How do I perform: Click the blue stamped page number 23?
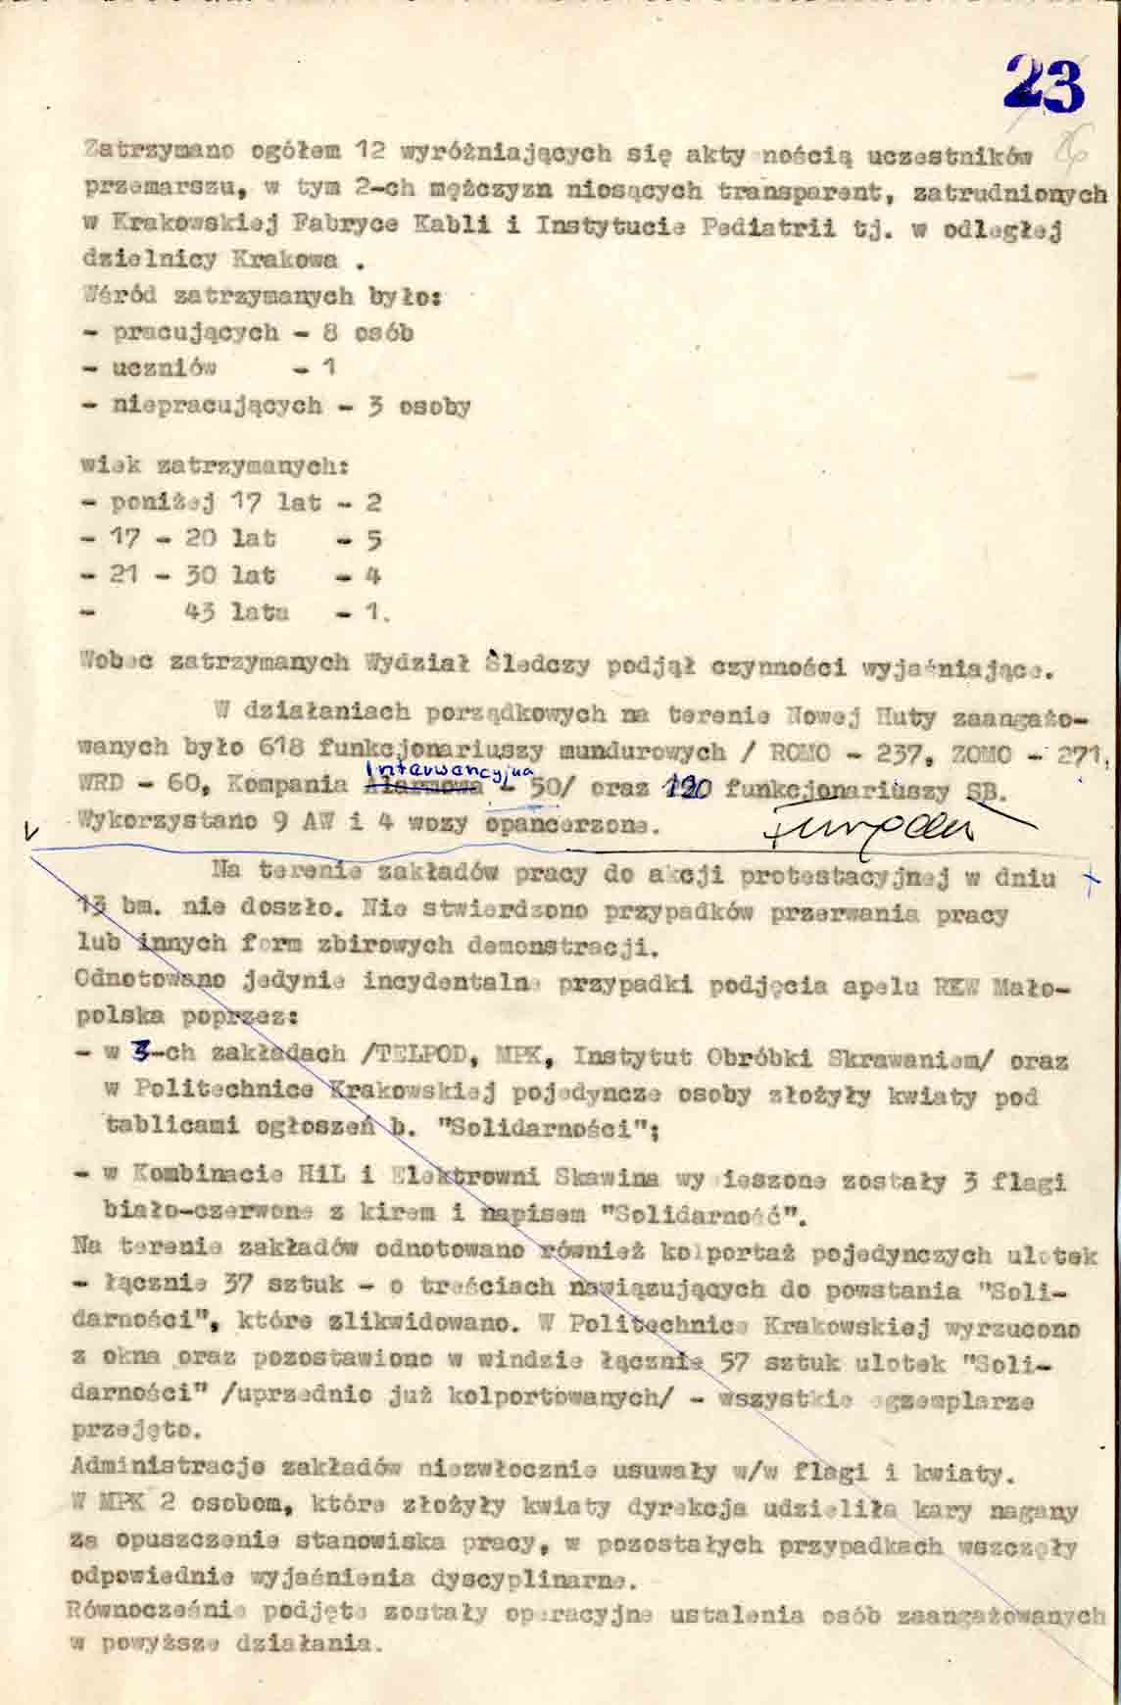[x=1045, y=86]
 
